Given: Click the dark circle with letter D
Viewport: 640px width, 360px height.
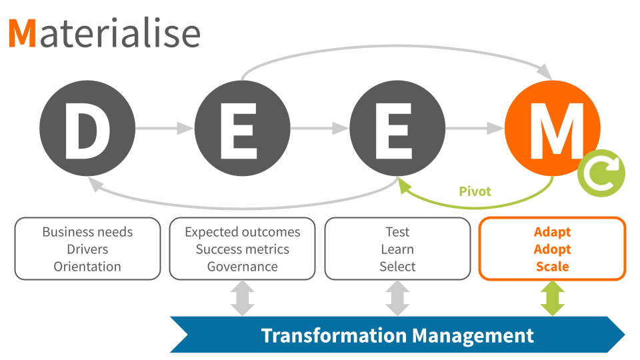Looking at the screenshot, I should [x=87, y=129].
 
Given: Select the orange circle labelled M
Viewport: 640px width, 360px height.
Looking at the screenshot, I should [x=552, y=129].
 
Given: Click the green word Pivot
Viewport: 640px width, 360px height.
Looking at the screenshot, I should [x=475, y=192].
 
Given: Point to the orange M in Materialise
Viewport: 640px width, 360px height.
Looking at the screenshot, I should [x=22, y=33].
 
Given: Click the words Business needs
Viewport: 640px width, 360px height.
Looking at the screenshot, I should [x=87, y=232].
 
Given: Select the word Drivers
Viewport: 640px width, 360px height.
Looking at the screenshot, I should [x=87, y=249].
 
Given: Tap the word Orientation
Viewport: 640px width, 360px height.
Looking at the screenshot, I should [x=87, y=267].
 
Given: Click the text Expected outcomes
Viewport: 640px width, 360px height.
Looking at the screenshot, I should [x=243, y=232].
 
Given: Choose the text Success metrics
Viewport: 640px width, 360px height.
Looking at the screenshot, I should [x=243, y=249].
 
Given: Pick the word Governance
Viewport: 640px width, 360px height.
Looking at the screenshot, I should [x=243, y=267].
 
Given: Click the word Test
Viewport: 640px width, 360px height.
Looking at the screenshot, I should [x=397, y=232].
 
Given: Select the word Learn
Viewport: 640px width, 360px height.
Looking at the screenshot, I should [x=397, y=249].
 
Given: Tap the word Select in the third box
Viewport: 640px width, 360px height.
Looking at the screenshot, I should [x=397, y=267].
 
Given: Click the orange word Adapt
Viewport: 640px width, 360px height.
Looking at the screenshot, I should [x=553, y=232].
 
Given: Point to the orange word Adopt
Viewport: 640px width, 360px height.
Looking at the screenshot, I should [x=553, y=249].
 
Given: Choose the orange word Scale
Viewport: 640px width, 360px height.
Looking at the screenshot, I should [x=553, y=267].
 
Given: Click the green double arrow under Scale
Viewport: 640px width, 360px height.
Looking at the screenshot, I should [x=553, y=298].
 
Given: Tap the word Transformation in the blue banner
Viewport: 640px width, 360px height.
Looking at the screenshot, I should [x=332, y=335].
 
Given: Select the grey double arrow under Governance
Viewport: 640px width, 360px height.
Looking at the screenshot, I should [x=243, y=298].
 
